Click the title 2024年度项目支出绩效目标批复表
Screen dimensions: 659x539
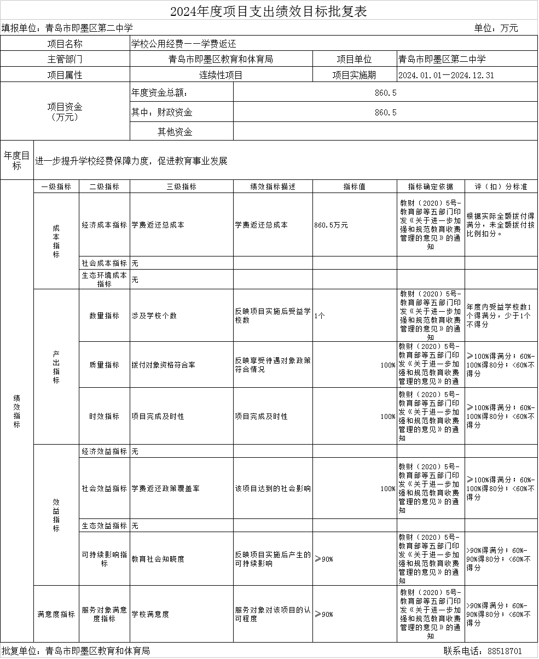click(x=268, y=11)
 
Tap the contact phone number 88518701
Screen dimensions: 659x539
click(x=504, y=651)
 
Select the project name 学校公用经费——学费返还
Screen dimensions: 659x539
click(x=183, y=44)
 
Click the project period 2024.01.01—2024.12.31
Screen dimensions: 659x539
click(x=447, y=75)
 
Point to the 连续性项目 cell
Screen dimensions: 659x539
click(x=221, y=75)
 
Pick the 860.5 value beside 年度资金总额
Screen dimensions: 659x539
click(x=385, y=93)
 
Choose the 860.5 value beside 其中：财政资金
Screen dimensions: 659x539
click(x=385, y=113)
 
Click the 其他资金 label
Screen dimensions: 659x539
click(x=175, y=132)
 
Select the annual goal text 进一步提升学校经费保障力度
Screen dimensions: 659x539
click(x=131, y=161)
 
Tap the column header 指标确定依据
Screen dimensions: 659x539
click(x=431, y=186)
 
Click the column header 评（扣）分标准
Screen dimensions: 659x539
click(x=501, y=186)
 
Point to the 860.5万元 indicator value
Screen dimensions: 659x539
click(x=332, y=225)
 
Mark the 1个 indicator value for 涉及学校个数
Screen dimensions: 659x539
click(x=320, y=316)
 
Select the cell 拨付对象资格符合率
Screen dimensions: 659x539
click(x=163, y=365)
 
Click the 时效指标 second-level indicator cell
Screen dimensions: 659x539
click(x=104, y=416)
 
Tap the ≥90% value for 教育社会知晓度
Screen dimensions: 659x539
click(x=324, y=559)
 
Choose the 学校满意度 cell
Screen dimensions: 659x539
click(x=150, y=614)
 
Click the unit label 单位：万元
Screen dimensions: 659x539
click(x=496, y=28)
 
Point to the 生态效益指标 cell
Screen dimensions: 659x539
click(x=104, y=526)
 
